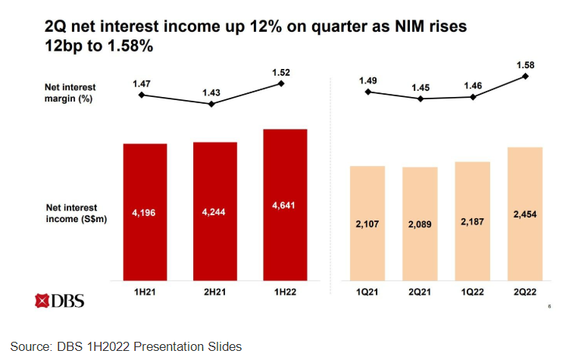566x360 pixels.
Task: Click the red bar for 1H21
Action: (145, 212)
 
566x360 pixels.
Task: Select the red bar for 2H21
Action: (214, 211)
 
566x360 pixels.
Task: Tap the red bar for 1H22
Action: (285, 205)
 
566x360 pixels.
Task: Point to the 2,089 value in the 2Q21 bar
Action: (420, 225)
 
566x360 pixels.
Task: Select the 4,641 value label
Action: (285, 205)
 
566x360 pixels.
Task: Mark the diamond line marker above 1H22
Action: (282, 83)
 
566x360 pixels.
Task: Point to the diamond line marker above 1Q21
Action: (367, 92)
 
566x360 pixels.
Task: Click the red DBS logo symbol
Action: (42, 301)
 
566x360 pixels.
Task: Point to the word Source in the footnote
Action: (30, 346)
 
